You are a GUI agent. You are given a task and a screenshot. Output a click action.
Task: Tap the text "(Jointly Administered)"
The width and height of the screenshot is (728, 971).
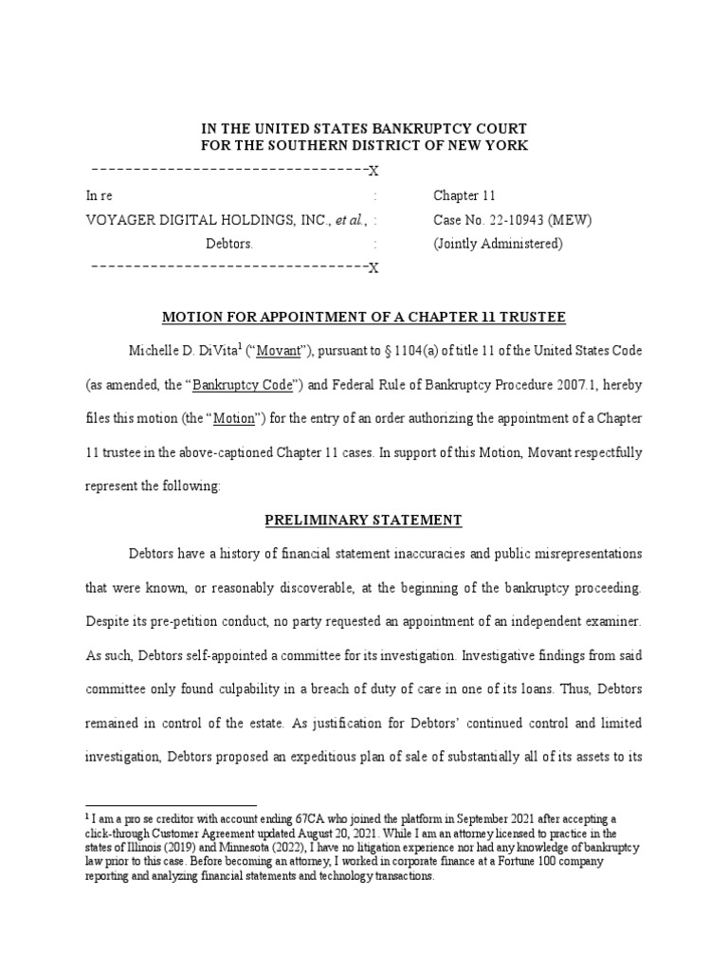pyautogui.click(x=498, y=245)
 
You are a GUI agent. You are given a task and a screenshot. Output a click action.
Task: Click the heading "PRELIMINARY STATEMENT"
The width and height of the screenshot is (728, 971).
pyautogui.click(x=364, y=521)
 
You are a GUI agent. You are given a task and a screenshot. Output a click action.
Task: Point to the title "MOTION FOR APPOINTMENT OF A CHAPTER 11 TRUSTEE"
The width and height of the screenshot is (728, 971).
pyautogui.click(x=364, y=317)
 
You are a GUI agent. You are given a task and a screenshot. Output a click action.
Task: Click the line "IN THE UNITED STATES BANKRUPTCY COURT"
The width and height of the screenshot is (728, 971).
pyautogui.click(x=364, y=128)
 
